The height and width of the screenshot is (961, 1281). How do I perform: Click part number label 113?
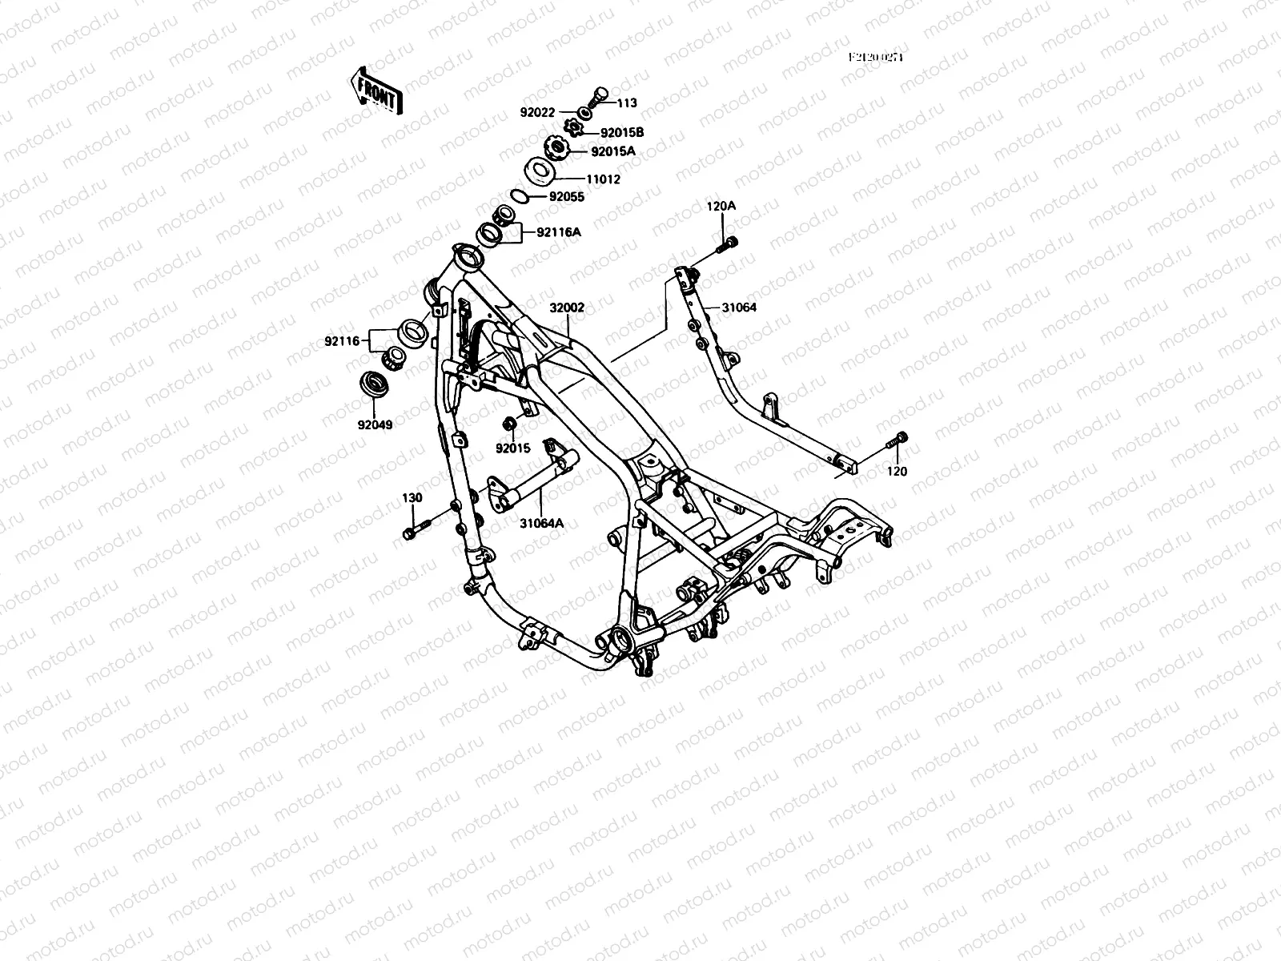[628, 103]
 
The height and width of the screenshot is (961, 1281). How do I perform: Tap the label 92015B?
[622, 133]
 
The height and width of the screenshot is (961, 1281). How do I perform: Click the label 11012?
[604, 180]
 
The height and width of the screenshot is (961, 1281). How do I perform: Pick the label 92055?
[566, 197]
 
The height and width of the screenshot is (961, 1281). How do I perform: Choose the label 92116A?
[558, 232]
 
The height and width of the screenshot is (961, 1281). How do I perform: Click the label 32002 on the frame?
[567, 307]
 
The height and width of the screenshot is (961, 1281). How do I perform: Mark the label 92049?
[375, 424]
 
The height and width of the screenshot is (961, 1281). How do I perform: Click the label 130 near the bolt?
[412, 497]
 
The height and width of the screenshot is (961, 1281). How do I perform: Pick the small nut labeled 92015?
[507, 423]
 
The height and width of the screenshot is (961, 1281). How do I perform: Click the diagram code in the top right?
[881, 58]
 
